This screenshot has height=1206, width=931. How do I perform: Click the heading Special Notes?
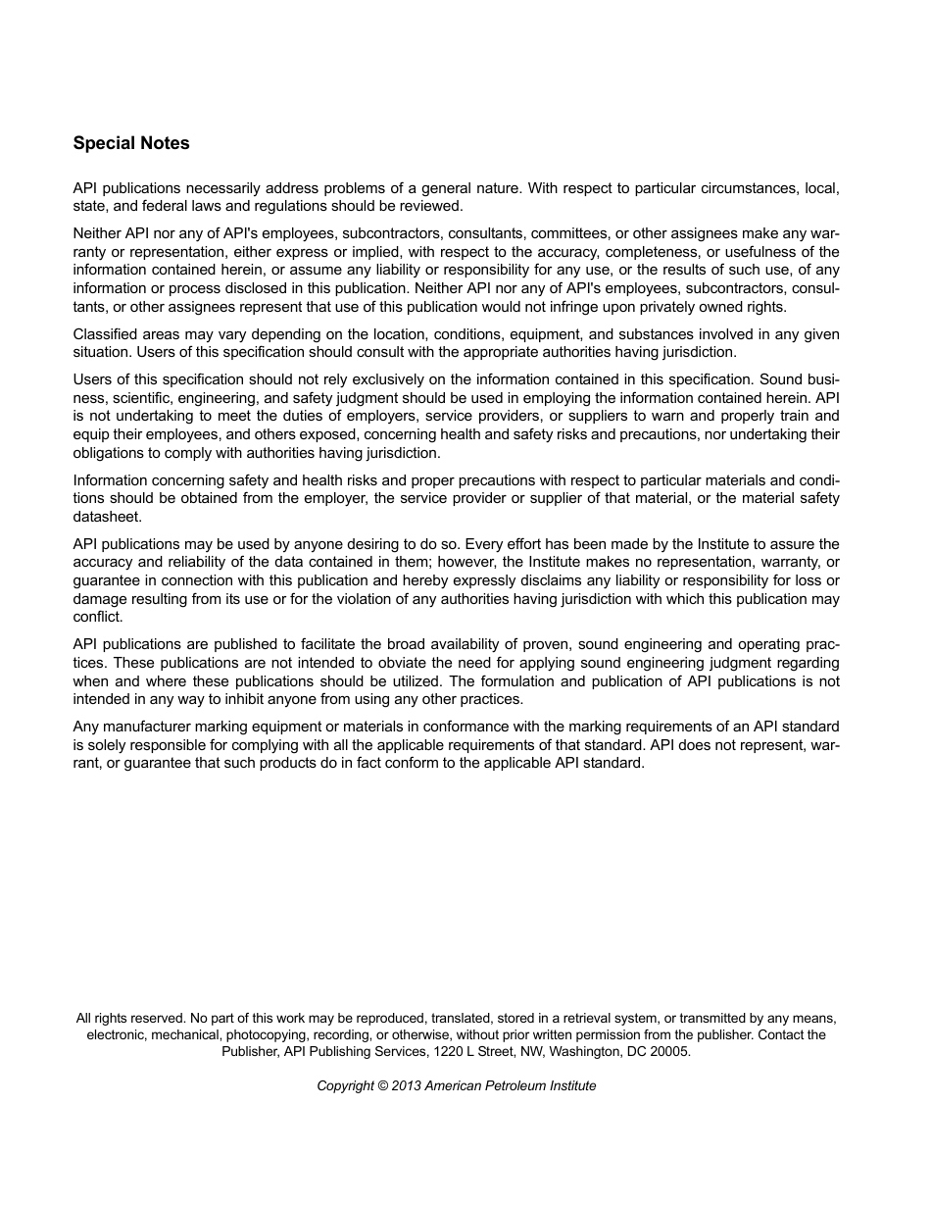click(131, 143)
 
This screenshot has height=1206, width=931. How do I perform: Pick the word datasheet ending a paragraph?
click(107, 517)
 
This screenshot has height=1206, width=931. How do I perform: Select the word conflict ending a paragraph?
click(98, 617)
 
